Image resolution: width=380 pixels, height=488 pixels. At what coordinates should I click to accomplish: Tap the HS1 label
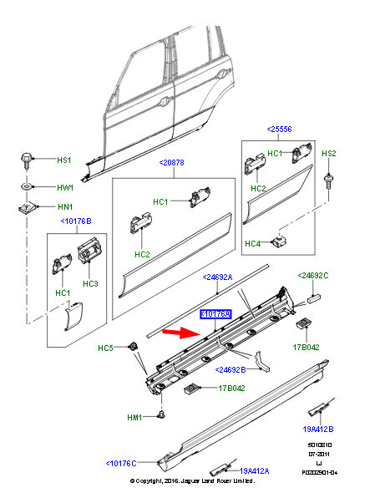(x=64, y=160)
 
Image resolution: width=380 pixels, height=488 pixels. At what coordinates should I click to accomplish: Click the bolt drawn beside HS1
(x=27, y=159)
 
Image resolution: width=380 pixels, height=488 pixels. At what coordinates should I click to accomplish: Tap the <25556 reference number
(x=279, y=130)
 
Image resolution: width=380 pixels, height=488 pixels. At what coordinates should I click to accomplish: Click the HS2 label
(x=329, y=154)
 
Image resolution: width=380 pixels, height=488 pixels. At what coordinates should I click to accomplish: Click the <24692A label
(x=220, y=277)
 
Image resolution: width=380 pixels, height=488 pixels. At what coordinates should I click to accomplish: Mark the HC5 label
(x=106, y=348)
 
